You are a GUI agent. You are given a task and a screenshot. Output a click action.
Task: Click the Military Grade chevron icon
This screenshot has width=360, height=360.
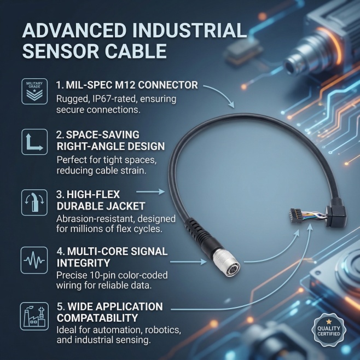(x=34, y=91)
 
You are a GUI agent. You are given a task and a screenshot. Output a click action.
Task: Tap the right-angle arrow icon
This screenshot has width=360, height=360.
(x=34, y=142)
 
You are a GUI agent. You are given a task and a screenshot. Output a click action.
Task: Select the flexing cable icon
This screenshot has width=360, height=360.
(x=34, y=202)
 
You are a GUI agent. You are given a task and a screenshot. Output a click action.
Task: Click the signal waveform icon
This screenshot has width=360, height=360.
(x=34, y=260)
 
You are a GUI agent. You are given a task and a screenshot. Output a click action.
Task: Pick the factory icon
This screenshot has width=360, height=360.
(x=34, y=316)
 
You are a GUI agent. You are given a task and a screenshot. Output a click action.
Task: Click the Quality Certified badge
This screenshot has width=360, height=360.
(x=329, y=330)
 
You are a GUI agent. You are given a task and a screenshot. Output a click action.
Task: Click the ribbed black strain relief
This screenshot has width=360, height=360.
(x=199, y=233)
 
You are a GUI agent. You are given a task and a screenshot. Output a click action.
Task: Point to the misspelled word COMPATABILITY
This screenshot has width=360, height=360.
(x=97, y=318)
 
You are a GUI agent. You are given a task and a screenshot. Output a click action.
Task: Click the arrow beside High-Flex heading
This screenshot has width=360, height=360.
(x=150, y=191)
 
